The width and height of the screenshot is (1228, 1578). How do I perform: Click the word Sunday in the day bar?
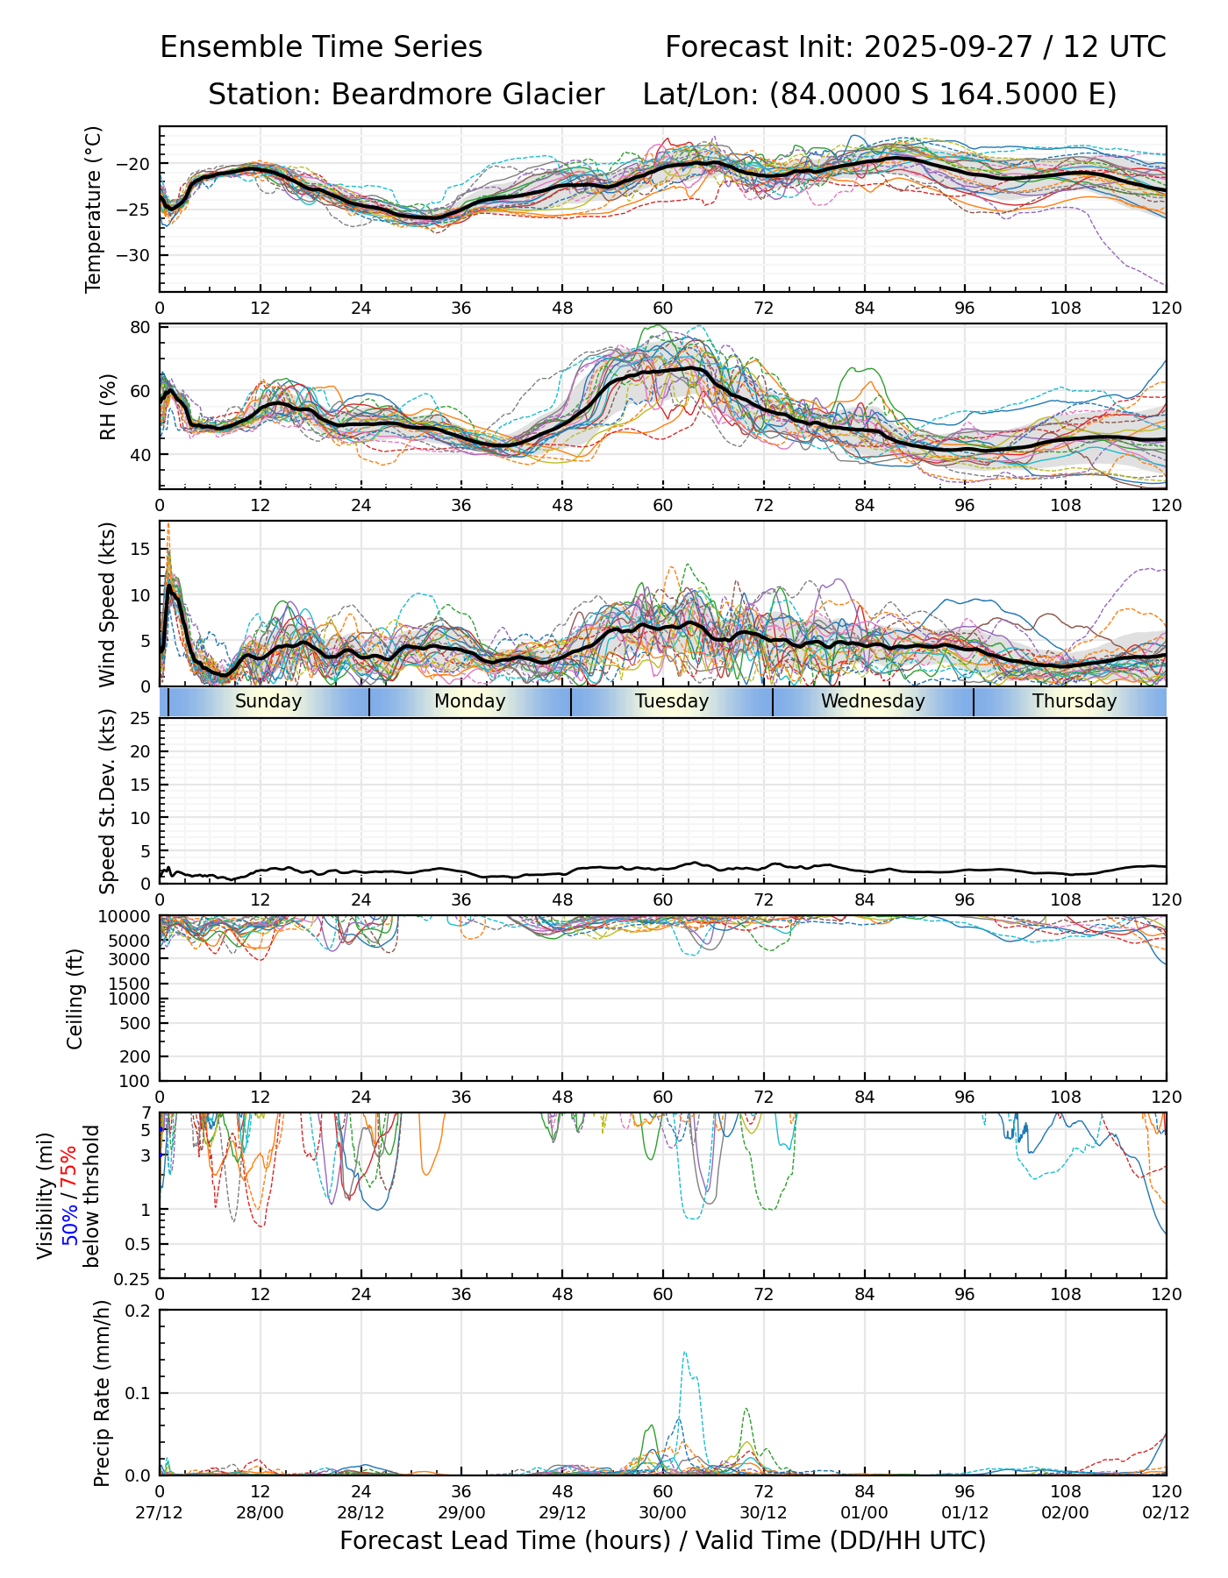coord(268,701)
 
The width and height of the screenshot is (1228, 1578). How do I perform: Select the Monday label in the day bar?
coord(470,701)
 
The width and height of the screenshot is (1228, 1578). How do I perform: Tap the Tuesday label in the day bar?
coord(672,701)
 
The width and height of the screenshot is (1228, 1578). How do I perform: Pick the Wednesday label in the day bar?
coord(873,701)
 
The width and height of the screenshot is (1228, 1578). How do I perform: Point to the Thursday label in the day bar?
coord(1074,701)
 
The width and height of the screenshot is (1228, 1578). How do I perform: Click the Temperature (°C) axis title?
coord(94,209)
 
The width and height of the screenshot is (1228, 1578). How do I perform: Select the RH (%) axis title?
coord(108,406)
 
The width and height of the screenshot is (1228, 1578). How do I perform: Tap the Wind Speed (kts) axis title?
coord(108,604)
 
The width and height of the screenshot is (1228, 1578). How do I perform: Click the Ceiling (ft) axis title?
coord(75,999)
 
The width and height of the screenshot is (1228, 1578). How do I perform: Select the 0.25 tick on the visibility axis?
coord(133,1278)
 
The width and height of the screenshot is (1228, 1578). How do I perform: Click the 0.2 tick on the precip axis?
coord(139,1311)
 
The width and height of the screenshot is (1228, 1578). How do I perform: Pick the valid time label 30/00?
coord(663,1512)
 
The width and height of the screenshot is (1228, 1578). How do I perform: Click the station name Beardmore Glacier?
coord(467,95)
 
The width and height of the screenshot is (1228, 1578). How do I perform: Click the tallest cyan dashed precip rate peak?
coord(684,1353)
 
